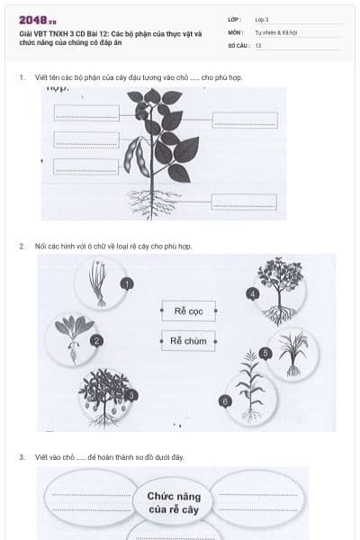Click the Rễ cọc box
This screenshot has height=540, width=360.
pos(188,311)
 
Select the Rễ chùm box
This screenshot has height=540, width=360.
pos(188,341)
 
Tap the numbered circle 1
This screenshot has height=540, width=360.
pos(127,283)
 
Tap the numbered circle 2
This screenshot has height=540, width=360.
pos(97,340)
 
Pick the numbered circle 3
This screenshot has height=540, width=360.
pos(132,394)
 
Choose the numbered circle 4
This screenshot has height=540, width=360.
pos(253,293)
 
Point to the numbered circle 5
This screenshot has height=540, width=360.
pos(265,353)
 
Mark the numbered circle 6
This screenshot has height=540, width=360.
pos(224,400)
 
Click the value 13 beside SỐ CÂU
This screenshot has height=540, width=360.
pos(258,44)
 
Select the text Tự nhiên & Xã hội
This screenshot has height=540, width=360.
pos(270,31)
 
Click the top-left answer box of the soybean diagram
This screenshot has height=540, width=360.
pos(86,112)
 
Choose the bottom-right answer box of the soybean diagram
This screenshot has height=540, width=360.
pos(244,202)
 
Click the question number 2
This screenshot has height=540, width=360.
pos(22,246)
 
